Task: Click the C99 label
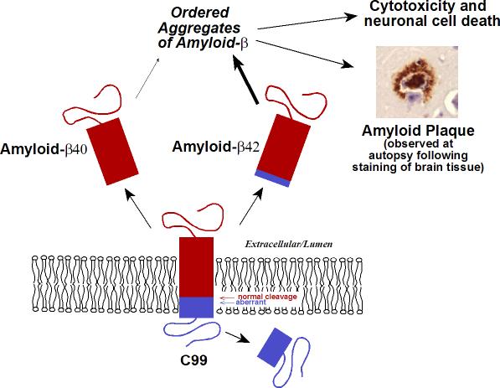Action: pos(193,360)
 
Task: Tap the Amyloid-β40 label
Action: pos(44,149)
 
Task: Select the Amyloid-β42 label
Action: pos(216,147)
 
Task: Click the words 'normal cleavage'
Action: pos(267,297)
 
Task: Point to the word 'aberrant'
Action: pos(250,303)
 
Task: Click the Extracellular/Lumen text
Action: pos(289,245)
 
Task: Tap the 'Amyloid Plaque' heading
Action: pos(418,131)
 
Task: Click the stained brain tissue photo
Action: pos(417,82)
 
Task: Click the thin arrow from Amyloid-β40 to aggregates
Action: pos(147,78)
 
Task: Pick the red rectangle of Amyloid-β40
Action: pos(112,152)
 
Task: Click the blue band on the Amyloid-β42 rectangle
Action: pos(272,178)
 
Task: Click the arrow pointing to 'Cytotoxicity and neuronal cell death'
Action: pos(307,23)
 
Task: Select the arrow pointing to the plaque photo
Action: pos(305,54)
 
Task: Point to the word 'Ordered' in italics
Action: pos(200,13)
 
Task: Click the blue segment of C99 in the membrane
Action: pos(196,308)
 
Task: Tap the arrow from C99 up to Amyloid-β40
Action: pos(137,209)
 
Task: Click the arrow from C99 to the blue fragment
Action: pos(238,338)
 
